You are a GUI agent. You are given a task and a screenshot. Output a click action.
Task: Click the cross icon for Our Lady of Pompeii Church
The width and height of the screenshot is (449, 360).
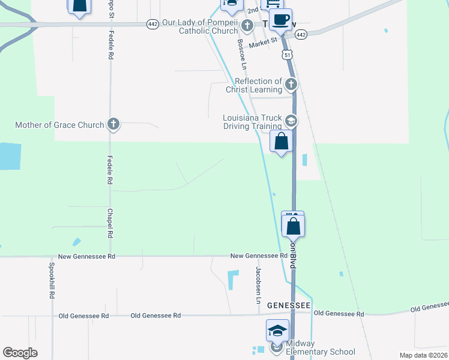248,26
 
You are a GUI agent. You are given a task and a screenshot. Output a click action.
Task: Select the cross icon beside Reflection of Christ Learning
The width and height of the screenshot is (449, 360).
291,85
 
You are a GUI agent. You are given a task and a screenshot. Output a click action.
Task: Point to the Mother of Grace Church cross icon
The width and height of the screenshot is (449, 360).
113,125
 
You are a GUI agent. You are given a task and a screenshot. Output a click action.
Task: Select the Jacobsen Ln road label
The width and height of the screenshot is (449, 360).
259,284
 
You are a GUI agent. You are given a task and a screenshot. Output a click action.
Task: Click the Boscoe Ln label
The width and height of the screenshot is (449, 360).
242,52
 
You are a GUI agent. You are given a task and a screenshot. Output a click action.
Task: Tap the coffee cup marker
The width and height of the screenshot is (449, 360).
280,20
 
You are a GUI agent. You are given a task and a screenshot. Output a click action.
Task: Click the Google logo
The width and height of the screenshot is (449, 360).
20,353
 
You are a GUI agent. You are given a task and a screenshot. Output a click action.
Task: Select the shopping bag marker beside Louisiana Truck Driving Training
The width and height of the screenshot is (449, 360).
281,142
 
